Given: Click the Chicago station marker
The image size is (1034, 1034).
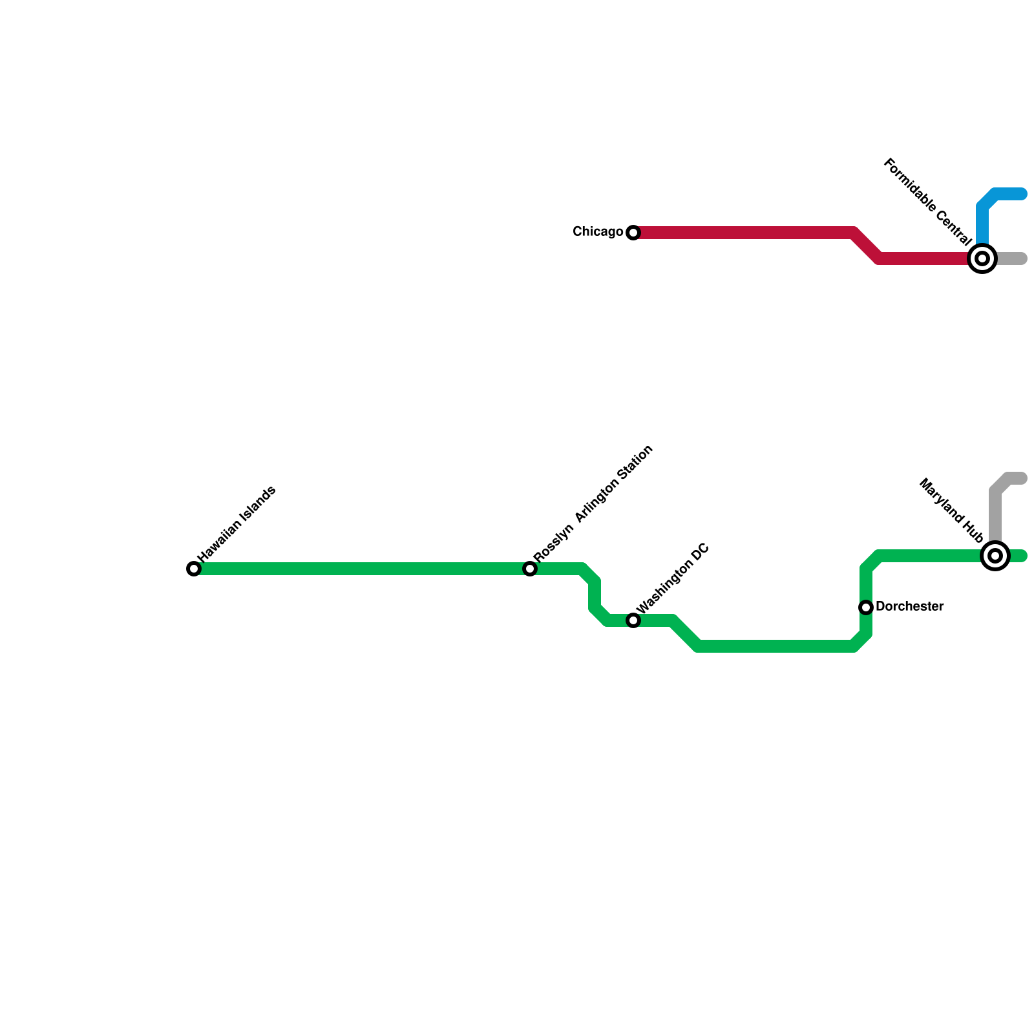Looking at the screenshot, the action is (633, 233).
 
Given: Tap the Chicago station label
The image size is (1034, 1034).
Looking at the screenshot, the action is (598, 231).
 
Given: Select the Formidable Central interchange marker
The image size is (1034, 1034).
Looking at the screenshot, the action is (982, 258).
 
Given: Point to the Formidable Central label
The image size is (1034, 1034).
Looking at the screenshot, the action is (927, 202).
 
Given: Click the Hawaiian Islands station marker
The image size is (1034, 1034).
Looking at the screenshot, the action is (194, 569).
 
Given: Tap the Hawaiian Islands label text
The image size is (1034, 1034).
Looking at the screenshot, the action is (237, 523).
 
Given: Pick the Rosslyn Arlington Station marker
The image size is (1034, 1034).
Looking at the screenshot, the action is (530, 569).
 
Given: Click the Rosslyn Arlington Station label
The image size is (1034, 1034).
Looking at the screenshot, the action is (593, 503).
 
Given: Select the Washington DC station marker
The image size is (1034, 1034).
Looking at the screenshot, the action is (633, 620).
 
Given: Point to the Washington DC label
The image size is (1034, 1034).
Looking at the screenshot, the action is (673, 579).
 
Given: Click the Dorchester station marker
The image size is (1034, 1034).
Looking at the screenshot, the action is (866, 607).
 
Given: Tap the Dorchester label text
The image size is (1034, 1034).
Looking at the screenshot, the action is (909, 607).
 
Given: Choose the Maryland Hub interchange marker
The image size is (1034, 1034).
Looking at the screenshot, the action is (995, 556).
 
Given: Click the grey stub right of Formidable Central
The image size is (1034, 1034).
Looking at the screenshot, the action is (1012, 258).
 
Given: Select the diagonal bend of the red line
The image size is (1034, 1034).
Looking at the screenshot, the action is (867, 246).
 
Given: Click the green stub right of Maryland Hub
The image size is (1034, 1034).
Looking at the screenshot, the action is (1018, 556).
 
